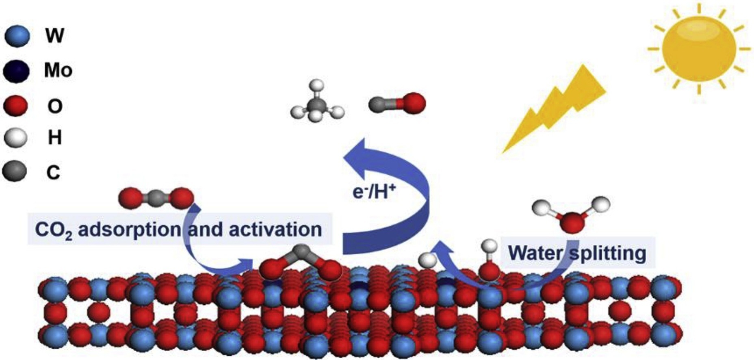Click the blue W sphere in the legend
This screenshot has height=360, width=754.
[17, 36]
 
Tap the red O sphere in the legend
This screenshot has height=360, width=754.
[15, 106]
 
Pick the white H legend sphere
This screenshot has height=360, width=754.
[15, 138]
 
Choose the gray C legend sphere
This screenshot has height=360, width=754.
[15, 171]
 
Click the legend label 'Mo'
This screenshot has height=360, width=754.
[58, 71]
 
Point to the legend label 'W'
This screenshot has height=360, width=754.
[54, 36]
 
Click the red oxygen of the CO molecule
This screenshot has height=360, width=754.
[414, 103]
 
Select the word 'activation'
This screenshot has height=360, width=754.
[275, 230]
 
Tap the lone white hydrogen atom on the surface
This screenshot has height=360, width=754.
[427, 260]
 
